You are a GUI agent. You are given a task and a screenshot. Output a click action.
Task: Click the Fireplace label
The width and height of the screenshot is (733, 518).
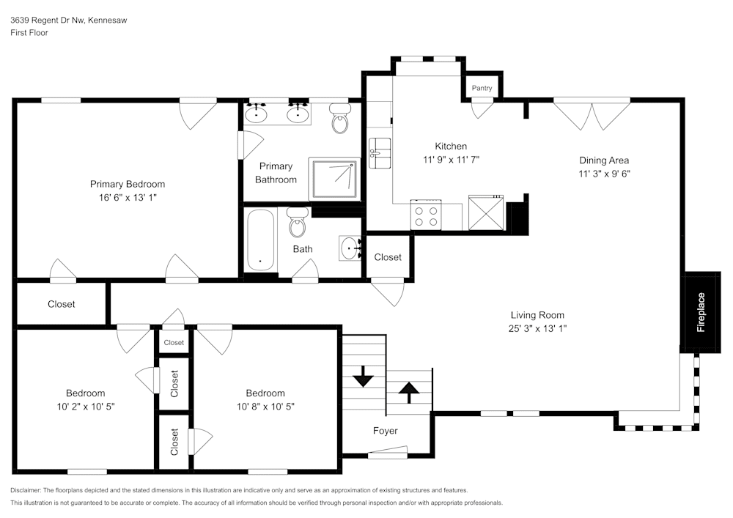click(701, 313)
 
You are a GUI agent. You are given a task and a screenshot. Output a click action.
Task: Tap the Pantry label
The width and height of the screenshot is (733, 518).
click(482, 88)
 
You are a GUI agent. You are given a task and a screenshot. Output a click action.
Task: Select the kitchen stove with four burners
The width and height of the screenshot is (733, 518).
click(426, 215)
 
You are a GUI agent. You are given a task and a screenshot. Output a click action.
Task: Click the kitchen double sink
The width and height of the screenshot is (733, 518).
click(380, 152)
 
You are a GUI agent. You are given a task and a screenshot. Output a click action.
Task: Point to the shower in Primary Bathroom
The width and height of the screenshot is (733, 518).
click(334, 178)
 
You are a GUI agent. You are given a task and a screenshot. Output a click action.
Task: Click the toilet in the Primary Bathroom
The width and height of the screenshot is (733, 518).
click(340, 120)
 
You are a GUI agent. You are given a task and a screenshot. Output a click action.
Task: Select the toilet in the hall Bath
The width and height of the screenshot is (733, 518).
click(298, 223)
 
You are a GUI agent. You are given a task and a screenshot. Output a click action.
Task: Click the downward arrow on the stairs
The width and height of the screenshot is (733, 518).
click(363, 379)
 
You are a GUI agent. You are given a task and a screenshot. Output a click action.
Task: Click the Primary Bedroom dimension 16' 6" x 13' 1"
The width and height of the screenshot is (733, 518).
click(128, 197)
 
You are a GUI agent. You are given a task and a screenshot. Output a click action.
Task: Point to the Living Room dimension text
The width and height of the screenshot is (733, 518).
click(538, 328)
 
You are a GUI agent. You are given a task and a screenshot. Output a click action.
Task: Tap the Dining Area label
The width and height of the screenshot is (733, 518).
click(604, 160)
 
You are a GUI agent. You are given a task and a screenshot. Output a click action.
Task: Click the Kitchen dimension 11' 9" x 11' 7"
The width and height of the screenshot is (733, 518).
click(451, 159)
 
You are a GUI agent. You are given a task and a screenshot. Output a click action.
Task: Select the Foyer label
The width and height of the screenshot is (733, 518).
click(386, 431)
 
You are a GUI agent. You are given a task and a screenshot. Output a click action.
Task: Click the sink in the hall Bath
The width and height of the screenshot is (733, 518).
click(350, 248)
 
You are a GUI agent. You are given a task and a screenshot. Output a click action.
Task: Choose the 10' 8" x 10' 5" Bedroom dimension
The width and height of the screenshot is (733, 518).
click(265, 406)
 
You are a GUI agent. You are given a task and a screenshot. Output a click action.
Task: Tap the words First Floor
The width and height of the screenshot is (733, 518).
click(29, 33)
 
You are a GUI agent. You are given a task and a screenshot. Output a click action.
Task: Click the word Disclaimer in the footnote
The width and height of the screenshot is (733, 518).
click(27, 489)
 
